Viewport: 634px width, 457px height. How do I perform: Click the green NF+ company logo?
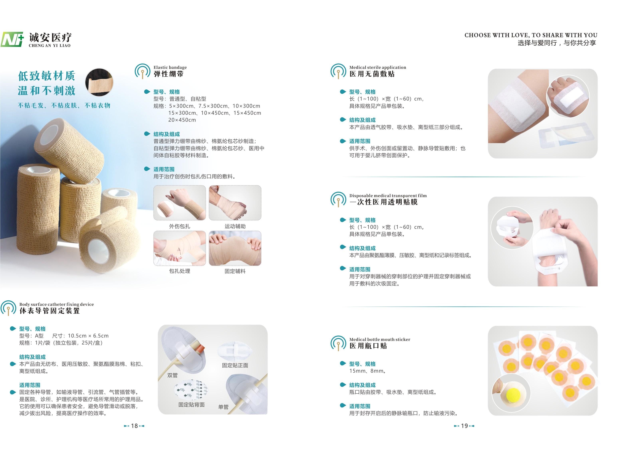(12, 39)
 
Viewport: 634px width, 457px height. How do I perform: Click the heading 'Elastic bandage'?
(170, 67)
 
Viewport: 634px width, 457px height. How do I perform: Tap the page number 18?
(134, 426)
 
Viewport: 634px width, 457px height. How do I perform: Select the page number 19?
(464, 426)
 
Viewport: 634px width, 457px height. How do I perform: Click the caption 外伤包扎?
(180, 226)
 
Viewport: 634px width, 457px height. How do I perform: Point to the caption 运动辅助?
(235, 226)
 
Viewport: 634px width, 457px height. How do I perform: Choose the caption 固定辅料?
(235, 271)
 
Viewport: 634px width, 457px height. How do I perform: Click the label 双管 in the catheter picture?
(173, 375)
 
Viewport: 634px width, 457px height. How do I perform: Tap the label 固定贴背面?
(191, 405)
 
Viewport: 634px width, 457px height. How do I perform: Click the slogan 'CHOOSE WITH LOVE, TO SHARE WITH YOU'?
(531, 35)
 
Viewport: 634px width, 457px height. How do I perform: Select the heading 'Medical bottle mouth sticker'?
(380, 340)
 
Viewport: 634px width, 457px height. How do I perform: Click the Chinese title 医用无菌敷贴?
(372, 74)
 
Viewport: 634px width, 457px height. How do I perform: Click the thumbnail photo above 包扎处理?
(180, 248)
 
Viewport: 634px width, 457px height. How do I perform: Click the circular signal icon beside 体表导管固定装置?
(8, 308)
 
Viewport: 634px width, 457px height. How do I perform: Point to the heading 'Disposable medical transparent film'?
(388, 196)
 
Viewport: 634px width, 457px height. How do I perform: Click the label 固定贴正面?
(235, 365)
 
